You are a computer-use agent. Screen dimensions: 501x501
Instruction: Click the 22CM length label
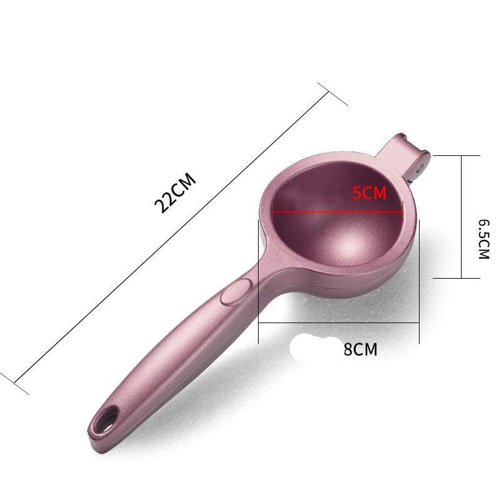[x=175, y=193]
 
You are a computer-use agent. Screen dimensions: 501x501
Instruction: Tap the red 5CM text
[x=369, y=193]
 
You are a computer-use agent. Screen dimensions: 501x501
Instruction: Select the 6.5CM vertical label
[x=483, y=239]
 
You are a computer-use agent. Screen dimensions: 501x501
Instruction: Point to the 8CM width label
[x=360, y=349]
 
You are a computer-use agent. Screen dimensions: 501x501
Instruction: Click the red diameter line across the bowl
[x=338, y=211]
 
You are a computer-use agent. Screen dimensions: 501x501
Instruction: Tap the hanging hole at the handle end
[x=106, y=417]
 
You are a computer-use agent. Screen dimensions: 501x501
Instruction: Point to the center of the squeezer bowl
[x=338, y=219]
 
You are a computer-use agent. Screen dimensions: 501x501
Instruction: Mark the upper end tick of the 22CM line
[x=333, y=93]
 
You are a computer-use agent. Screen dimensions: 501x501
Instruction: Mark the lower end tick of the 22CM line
[x=14, y=382]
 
